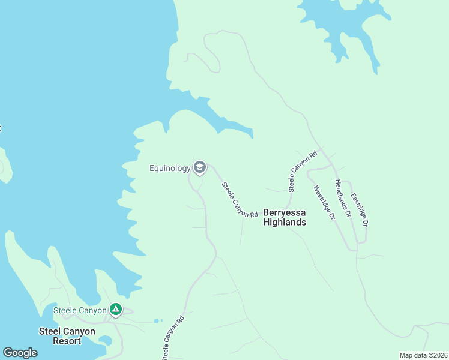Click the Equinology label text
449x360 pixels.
point(170,169)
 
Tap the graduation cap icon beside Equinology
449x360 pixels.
point(200,167)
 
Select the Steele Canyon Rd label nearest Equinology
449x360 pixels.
point(240,200)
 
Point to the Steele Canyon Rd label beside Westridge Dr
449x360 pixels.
point(302,172)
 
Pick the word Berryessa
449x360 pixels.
point(285,212)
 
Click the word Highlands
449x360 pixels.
point(285,222)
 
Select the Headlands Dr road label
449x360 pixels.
point(343,197)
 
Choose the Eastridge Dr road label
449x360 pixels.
point(360,209)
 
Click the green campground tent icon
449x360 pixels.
point(116,310)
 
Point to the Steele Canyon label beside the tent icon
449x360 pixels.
point(80,310)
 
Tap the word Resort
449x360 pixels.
point(67,341)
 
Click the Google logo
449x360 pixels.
point(20,353)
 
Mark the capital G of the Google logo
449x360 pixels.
point(7,353)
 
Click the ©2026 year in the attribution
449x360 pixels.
point(437,355)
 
